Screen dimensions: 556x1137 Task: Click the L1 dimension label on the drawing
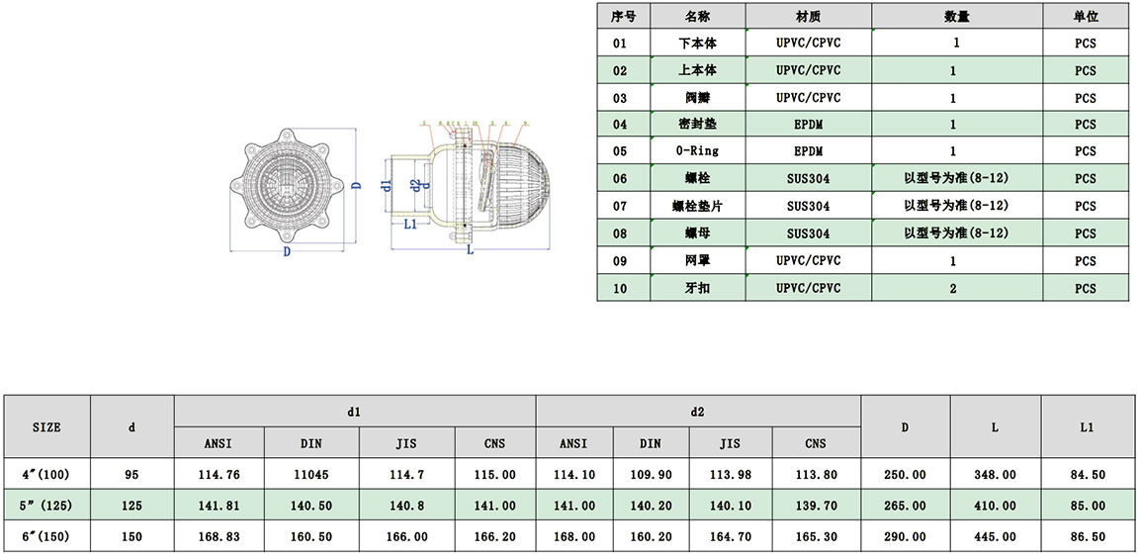point(409,225)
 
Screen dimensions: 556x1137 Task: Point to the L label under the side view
point(470,251)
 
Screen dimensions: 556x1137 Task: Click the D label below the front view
point(288,251)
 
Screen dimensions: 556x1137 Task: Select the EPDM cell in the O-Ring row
point(808,151)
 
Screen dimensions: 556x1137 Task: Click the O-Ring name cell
point(697,151)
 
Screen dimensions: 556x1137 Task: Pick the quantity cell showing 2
point(953,288)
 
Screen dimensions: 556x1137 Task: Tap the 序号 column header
point(623,17)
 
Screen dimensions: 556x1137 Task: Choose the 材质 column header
point(808,17)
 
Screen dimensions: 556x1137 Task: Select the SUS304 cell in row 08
point(808,233)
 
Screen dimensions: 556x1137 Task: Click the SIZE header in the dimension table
point(46,427)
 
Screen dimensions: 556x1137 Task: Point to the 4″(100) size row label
point(46,475)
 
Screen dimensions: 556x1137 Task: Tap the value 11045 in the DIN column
point(310,475)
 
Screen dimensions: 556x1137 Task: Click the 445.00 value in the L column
point(995,537)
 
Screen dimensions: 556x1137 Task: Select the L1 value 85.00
point(1087,506)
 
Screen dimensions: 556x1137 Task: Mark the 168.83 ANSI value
point(219,537)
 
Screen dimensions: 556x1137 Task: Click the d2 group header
point(698,411)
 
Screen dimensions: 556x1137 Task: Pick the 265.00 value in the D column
point(905,506)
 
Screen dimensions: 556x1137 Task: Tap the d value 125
point(131,506)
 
